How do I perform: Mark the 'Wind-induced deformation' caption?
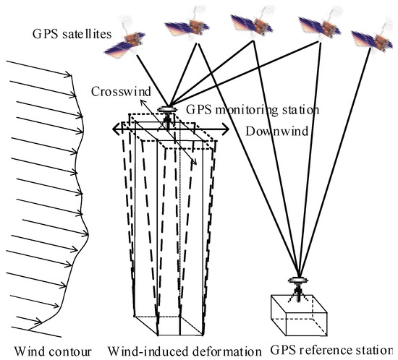(x=184, y=352)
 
